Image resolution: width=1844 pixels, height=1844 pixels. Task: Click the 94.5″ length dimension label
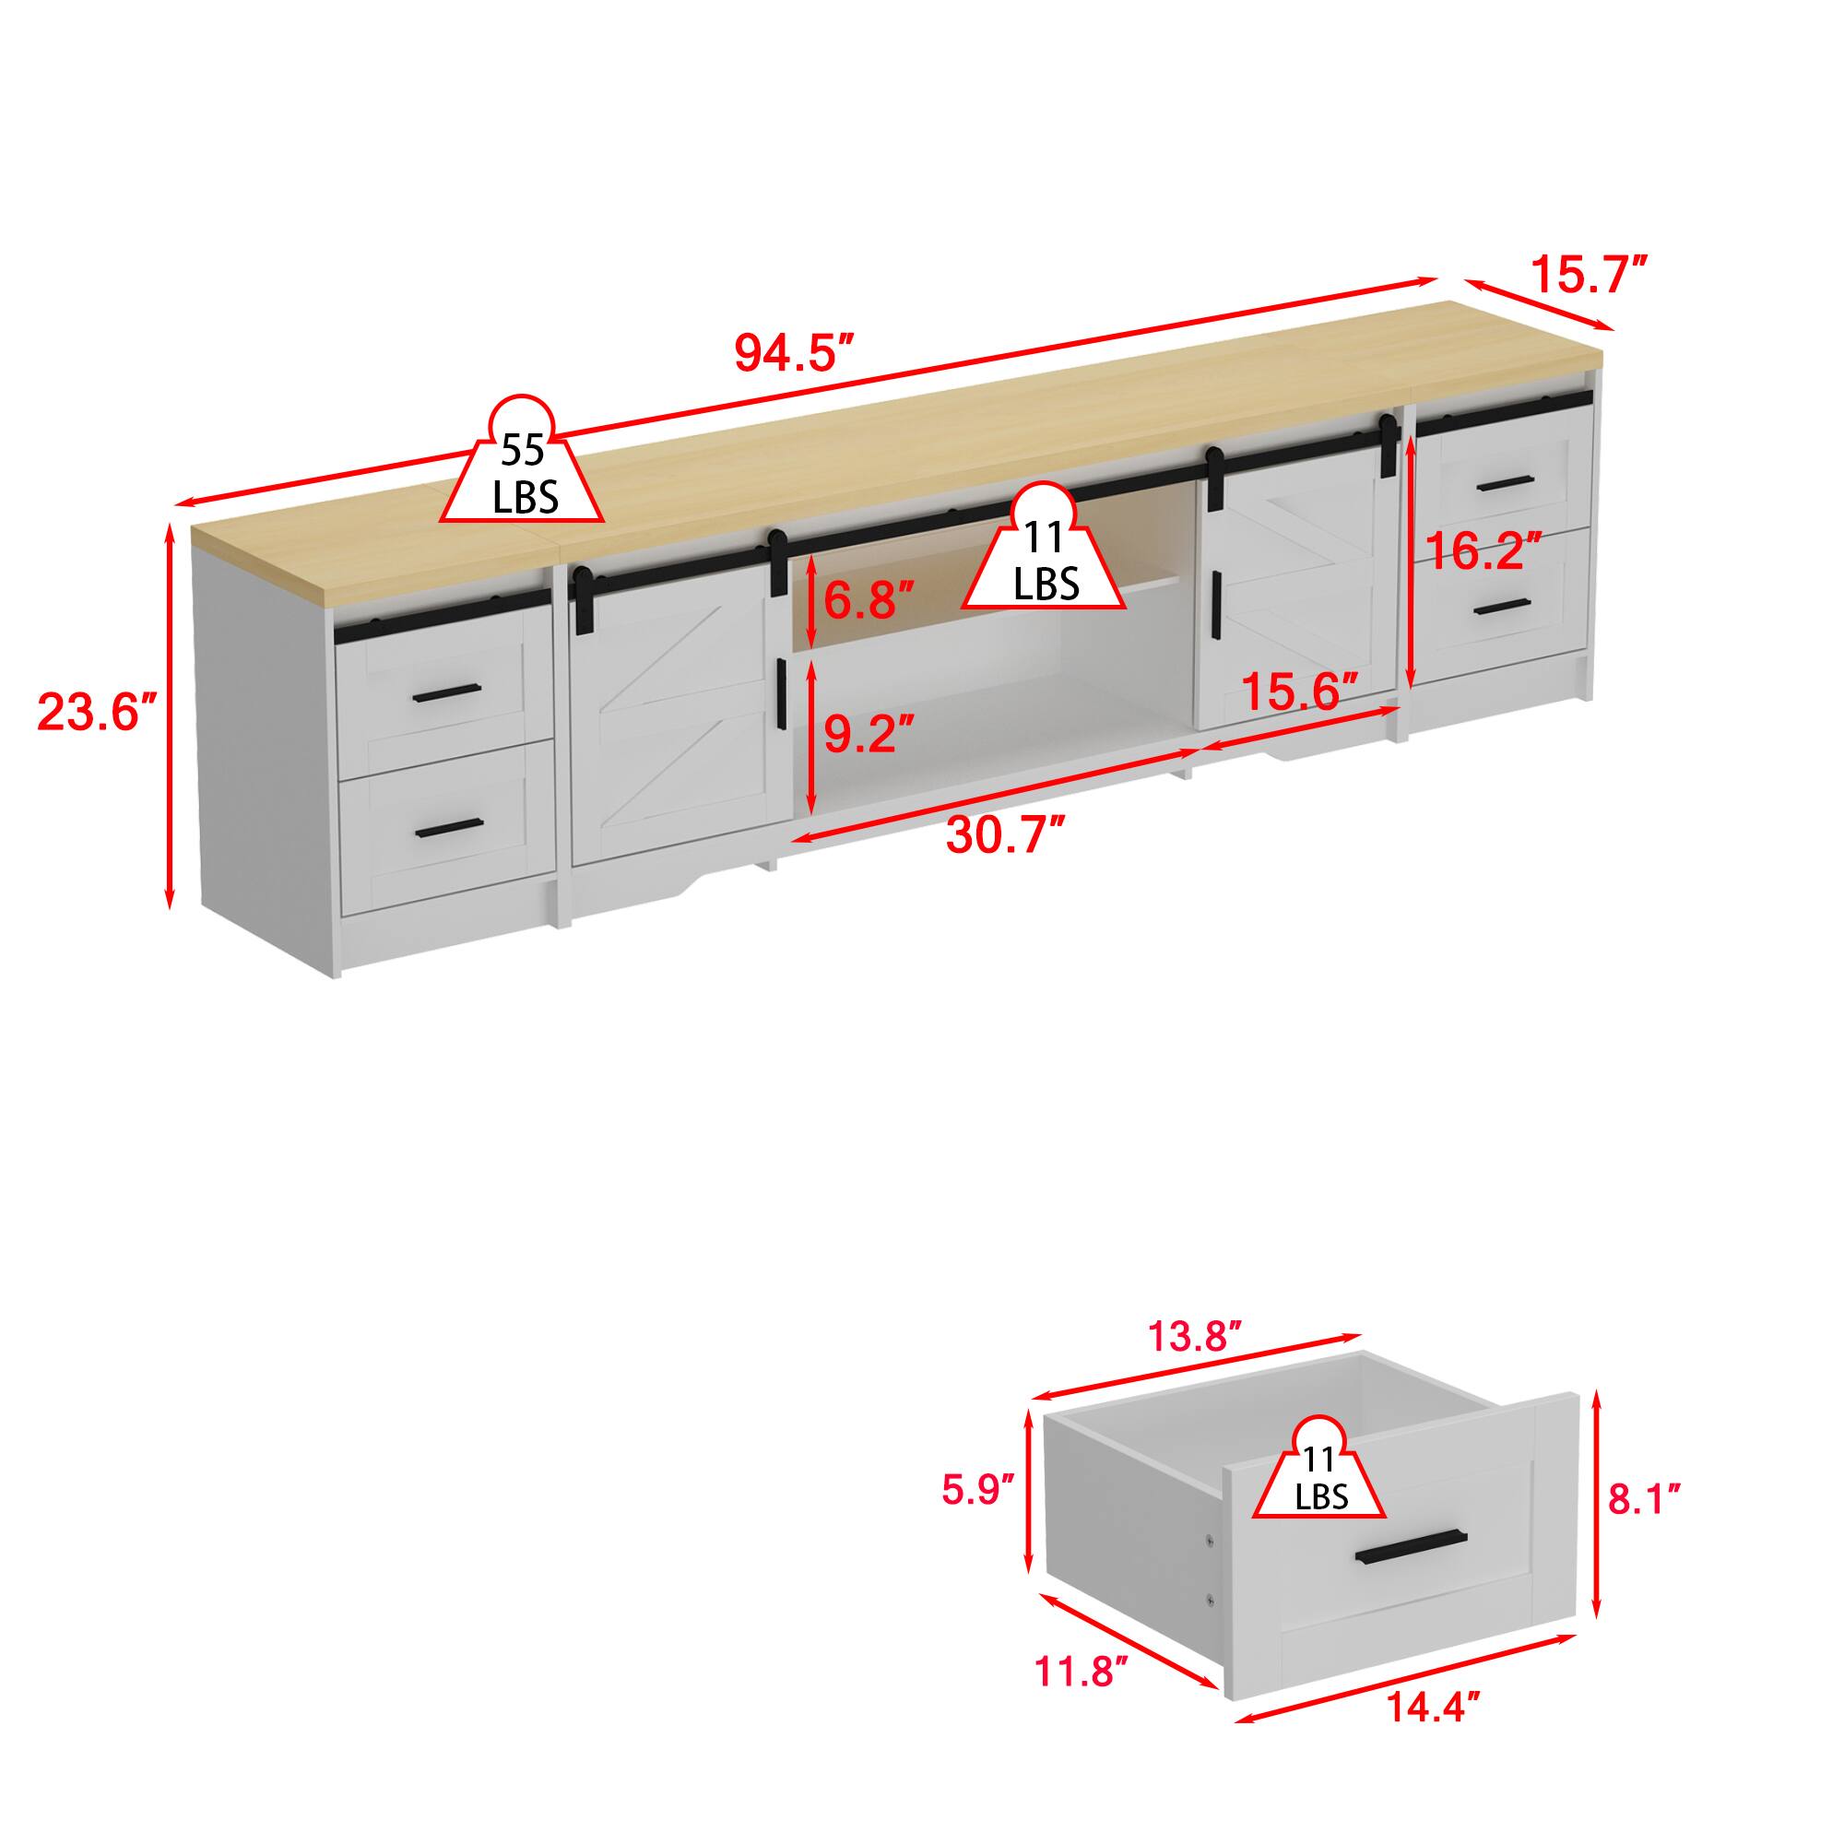[x=792, y=353]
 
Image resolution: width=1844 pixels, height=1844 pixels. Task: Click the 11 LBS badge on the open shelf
[x=1045, y=563]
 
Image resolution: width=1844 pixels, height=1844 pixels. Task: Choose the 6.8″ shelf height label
[x=869, y=600]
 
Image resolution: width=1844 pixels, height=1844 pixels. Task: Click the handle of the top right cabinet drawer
[x=1503, y=483]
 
